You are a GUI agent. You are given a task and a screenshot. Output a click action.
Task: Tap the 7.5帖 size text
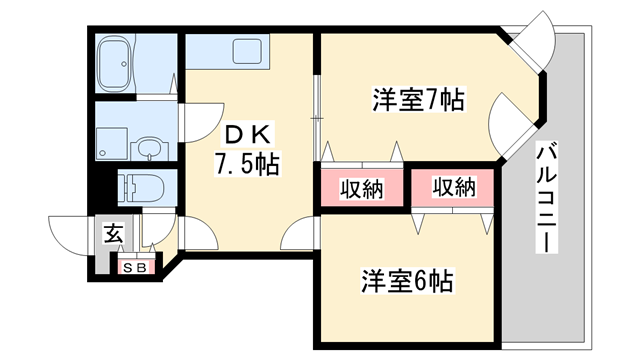point(245,161)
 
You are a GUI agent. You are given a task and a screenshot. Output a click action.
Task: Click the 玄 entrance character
point(113,236)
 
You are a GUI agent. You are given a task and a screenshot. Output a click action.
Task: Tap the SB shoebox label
point(134,267)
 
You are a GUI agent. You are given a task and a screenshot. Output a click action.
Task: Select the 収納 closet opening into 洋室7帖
point(361,188)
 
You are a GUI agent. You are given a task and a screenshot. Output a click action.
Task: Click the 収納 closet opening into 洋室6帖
point(453,187)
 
